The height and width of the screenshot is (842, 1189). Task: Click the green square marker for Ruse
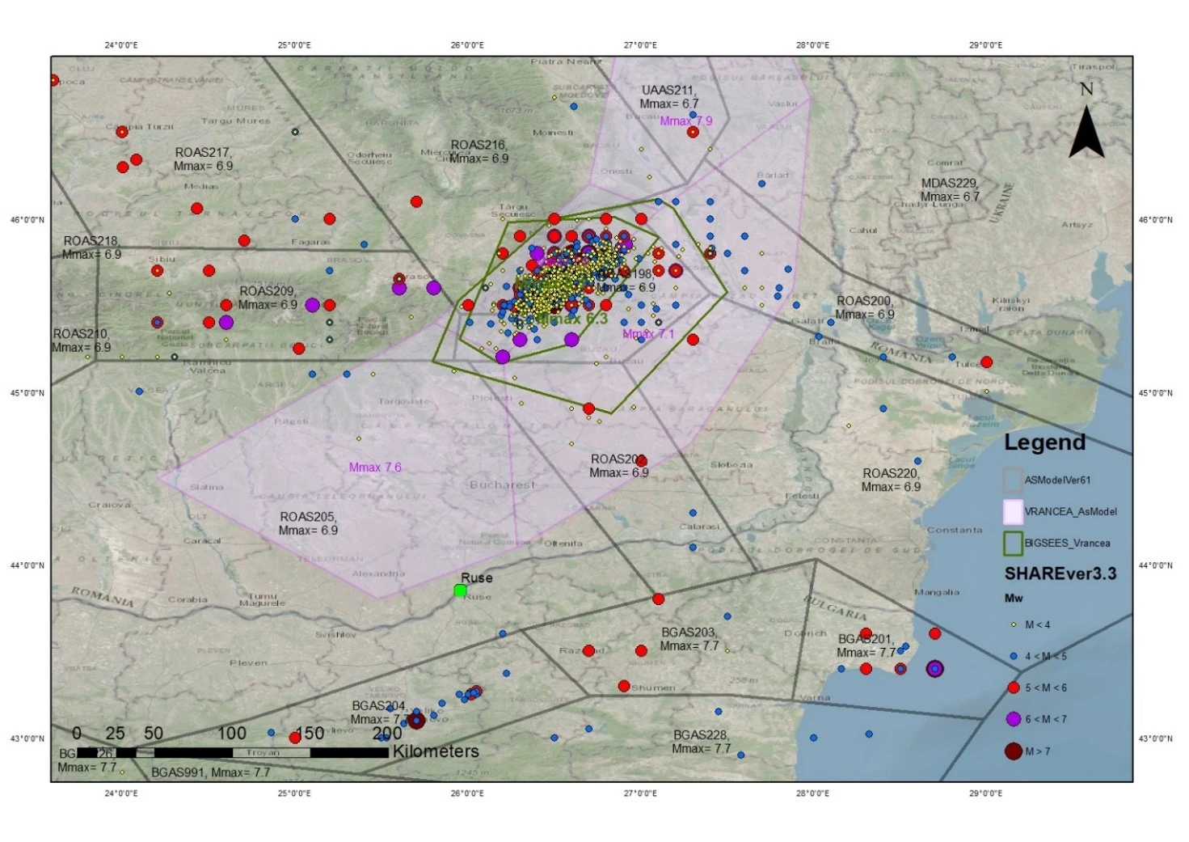tap(460, 590)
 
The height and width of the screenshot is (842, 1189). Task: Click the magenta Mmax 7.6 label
tap(375, 468)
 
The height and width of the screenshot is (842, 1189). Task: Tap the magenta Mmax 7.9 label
tap(685, 121)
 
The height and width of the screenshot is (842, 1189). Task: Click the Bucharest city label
tap(502, 485)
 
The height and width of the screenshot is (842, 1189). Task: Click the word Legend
tap(1044, 442)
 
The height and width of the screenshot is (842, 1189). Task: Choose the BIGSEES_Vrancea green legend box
tap(1013, 543)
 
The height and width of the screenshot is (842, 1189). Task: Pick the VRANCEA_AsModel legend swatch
tap(1013, 511)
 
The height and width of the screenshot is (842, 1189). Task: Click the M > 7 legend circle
tap(1013, 751)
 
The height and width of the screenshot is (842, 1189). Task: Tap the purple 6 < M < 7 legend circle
tap(1013, 719)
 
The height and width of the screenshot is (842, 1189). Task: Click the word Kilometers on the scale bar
tap(436, 751)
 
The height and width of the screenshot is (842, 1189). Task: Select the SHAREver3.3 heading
tap(1060, 573)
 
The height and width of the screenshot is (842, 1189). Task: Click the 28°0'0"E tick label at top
tap(812, 45)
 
